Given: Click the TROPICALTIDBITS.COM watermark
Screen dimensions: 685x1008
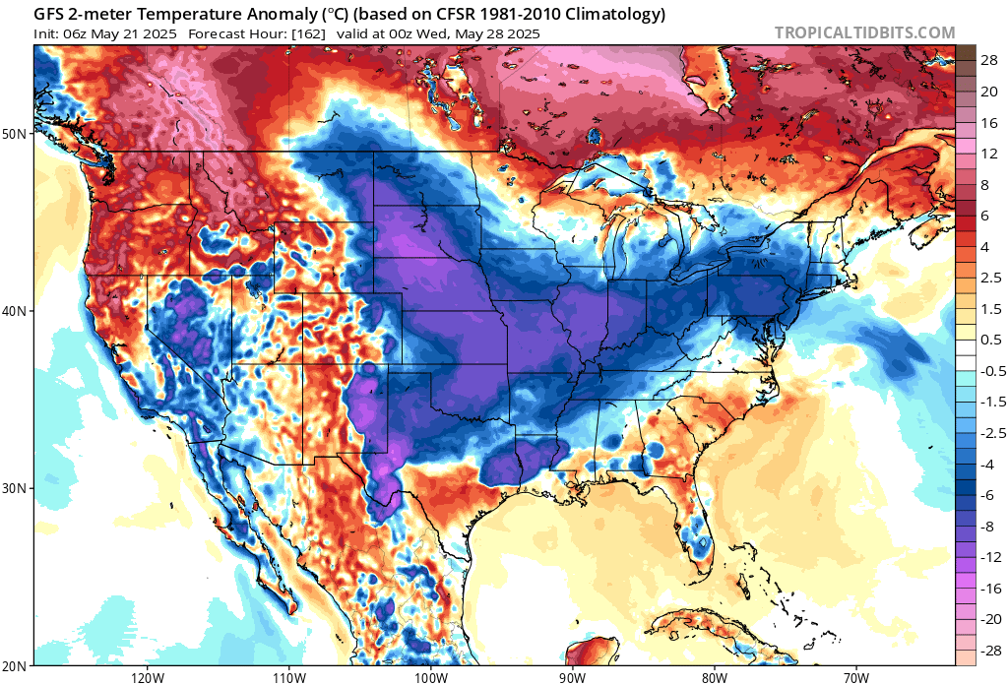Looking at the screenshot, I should (864, 32).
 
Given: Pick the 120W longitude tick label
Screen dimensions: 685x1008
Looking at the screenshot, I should (147, 677).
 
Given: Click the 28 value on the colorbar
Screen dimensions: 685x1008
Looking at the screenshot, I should (989, 60).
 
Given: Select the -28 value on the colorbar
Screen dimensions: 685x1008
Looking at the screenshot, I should (987, 637).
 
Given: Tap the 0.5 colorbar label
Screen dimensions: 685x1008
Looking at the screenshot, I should (991, 340).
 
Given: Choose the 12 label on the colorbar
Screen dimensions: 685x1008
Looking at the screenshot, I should (989, 154).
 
